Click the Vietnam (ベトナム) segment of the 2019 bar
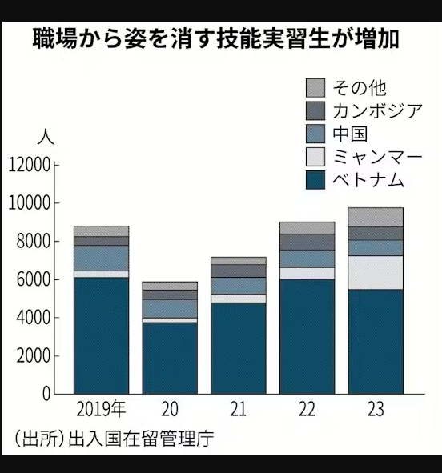102,335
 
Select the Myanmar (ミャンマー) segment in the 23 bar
376,272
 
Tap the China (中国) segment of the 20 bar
170,309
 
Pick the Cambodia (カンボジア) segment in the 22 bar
307,242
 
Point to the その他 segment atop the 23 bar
376,217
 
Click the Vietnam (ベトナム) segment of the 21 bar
239,348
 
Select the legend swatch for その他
315,88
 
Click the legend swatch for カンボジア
315,110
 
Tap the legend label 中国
350,134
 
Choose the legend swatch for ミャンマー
315,157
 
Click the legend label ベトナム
368,180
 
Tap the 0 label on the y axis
46,394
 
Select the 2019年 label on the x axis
101,409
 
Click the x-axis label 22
307,409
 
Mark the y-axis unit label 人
46,137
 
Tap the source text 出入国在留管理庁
141,439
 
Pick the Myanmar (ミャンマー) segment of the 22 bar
307,273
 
